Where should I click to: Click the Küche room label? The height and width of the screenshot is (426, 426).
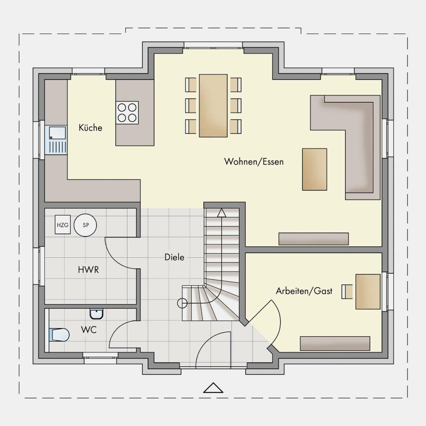pyautogui.click(x=90, y=127)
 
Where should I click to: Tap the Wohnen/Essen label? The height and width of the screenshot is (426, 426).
pyautogui.click(x=254, y=161)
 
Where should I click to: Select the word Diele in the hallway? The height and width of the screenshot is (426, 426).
pyautogui.click(x=174, y=257)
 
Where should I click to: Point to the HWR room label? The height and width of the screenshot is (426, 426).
pyautogui.click(x=88, y=270)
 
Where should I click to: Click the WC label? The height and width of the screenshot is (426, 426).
pyautogui.click(x=89, y=330)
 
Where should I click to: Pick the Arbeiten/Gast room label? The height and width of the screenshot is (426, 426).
pyautogui.click(x=304, y=291)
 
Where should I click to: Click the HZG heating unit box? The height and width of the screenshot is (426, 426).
pyautogui.click(x=63, y=225)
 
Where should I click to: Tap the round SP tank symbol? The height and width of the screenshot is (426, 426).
pyautogui.click(x=86, y=225)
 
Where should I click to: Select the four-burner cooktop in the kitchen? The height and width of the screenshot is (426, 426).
pyautogui.click(x=127, y=113)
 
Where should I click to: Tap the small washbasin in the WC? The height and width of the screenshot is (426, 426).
pyautogui.click(x=96, y=314)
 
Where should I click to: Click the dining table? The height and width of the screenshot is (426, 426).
pyautogui.click(x=213, y=106)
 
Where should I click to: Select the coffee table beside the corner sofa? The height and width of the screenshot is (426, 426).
pyautogui.click(x=315, y=169)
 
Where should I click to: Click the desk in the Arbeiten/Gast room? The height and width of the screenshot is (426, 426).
pyautogui.click(x=368, y=291)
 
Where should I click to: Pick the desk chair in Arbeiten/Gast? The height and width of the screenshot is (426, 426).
pyautogui.click(x=347, y=291)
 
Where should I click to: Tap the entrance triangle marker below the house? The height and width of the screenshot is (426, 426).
pyautogui.click(x=213, y=388)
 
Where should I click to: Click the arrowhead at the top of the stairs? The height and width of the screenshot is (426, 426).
pyautogui.click(x=222, y=213)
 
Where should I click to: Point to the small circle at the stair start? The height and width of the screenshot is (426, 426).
pyautogui.click(x=182, y=303)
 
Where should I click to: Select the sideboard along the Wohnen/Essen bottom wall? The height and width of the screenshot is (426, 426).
pyautogui.click(x=314, y=239)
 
